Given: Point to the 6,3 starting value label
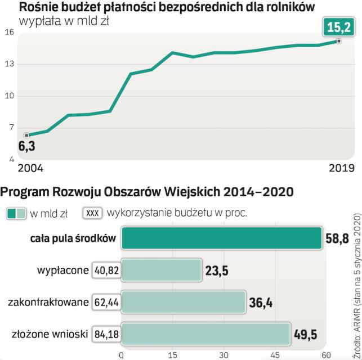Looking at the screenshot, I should pos(26,147).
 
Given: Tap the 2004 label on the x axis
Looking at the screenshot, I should pos(30,168).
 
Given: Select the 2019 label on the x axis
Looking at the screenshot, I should pos(341,168).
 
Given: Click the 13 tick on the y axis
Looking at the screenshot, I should pos(9,64).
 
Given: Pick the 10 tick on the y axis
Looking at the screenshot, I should pos(9,96).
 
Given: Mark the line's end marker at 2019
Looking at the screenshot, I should pos(338,41).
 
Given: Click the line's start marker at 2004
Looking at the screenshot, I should pos(26,136).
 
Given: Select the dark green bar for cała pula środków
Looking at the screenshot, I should pos(221,238).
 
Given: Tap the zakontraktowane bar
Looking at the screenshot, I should pos(184,302).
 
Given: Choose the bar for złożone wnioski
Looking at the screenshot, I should pos(213,334).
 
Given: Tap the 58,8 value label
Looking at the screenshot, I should pos(337,239).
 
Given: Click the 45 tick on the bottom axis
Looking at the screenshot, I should pos(275,355).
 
